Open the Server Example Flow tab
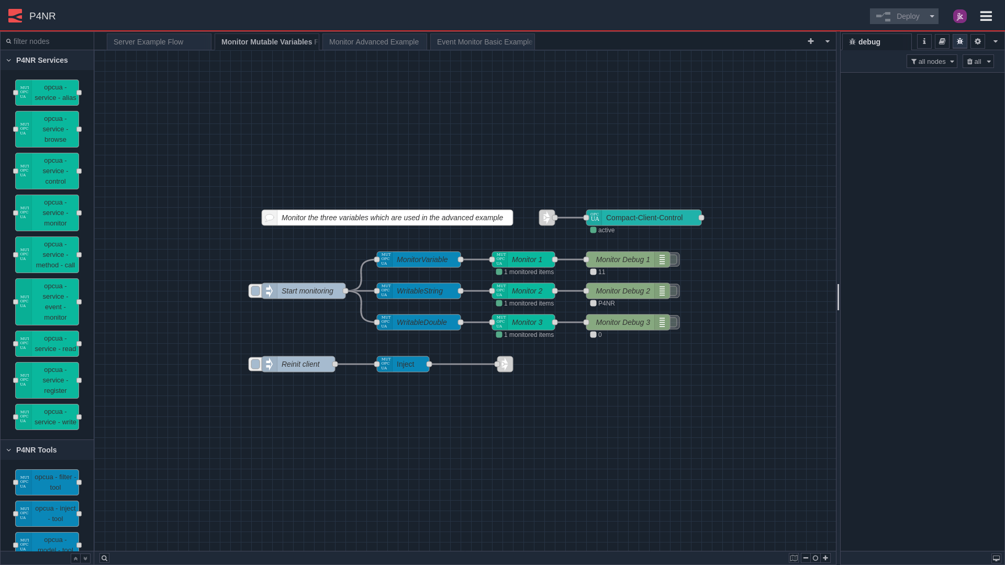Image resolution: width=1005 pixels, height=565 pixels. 159,42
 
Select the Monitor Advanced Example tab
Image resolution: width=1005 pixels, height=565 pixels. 374,42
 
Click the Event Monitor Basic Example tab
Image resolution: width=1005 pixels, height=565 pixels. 482,42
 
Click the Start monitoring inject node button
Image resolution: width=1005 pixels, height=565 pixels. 255,291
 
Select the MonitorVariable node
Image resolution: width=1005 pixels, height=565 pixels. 421,259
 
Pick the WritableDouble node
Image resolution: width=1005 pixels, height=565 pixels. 421,322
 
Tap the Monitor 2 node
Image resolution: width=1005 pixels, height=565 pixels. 527,291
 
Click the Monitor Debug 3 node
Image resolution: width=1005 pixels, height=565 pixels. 622,322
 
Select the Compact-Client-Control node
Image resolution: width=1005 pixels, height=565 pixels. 644,218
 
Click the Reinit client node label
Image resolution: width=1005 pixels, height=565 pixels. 300,364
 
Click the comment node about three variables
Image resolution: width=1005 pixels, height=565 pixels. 392,218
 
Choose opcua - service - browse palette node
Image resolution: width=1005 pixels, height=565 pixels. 54,129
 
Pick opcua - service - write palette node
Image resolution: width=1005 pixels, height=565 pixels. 54,417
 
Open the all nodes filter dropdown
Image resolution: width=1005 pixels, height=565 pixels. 931,62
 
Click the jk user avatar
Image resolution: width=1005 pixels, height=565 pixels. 959,16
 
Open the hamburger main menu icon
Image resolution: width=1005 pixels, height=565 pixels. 986,16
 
